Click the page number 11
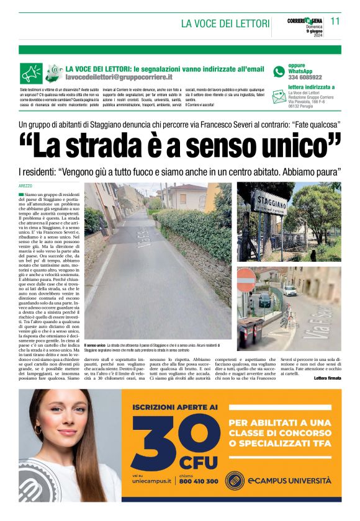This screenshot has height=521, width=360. coord(335,20)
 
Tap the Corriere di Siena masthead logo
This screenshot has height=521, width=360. coord(305,21)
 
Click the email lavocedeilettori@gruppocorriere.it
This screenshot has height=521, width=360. coord(120,78)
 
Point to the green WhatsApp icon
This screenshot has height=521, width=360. coord(279,71)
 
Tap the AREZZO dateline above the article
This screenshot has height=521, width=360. coord(25,185)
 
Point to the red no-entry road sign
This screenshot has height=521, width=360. coord(246,277)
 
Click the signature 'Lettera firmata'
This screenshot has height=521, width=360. coord(328,378)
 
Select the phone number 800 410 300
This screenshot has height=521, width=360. coord(198,481)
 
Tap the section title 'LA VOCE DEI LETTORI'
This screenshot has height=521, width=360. coord(225,24)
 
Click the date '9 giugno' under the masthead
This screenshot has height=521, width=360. coord(314,32)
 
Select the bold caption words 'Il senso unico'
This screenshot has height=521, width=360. coord(95,344)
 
